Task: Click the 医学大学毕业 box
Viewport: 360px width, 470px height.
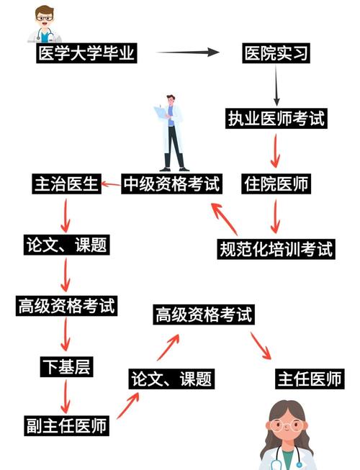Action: coord(86,53)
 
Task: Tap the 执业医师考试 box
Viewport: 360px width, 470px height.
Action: coord(276,119)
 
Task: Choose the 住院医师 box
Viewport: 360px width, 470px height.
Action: coord(276,184)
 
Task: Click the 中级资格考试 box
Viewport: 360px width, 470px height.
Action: coord(171,184)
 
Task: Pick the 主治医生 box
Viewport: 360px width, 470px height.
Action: coord(66,184)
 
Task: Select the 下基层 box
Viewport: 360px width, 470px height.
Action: coord(66,367)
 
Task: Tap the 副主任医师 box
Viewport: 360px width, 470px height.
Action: coord(66,425)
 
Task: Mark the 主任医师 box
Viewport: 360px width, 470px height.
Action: coord(310,379)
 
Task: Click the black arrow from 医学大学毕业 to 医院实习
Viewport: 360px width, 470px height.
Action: coord(187,53)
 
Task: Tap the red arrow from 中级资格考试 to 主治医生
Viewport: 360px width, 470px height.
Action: coord(110,184)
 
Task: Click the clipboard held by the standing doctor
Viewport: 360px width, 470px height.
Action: coord(159,112)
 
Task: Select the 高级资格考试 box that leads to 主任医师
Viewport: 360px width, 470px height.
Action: coord(204,315)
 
